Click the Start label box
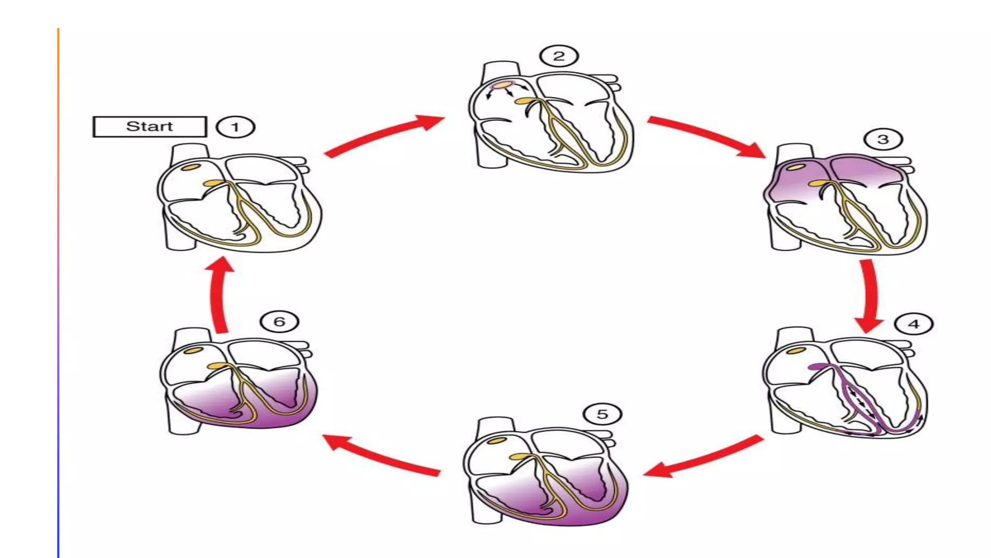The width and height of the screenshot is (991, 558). click(x=150, y=127)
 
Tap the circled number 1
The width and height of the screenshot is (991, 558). click(x=235, y=127)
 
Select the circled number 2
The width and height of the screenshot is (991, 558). click(x=559, y=56)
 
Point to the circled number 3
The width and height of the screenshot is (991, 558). click(x=883, y=139)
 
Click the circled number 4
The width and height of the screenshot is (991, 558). click(x=914, y=324)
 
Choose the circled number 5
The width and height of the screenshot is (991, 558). click(x=602, y=414)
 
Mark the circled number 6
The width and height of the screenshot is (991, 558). click(x=279, y=322)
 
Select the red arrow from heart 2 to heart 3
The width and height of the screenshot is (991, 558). click(x=706, y=136)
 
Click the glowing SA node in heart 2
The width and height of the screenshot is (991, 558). click(x=502, y=85)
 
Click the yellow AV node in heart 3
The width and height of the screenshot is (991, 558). click(x=817, y=183)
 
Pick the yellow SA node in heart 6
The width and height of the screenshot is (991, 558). click(x=193, y=350)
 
